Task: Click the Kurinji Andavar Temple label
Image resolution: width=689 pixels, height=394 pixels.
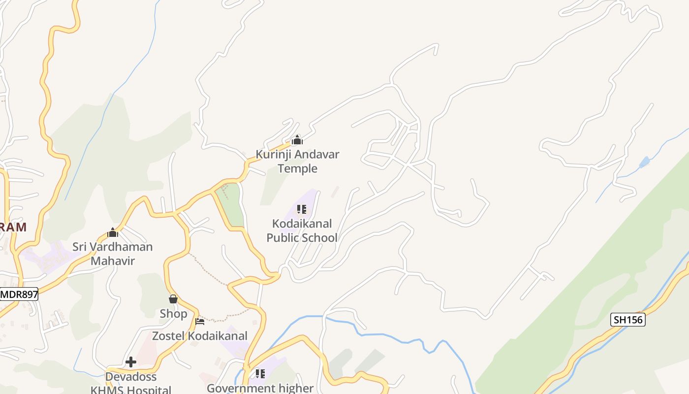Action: (x=297, y=161)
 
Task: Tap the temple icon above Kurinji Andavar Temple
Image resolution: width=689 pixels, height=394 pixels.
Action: (x=297, y=140)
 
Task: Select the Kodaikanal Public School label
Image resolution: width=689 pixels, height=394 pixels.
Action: (x=302, y=230)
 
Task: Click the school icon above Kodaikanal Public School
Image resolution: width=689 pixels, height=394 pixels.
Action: (x=302, y=209)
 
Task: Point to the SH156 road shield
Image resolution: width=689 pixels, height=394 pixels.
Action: (x=628, y=320)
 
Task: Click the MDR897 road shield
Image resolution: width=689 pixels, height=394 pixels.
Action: (x=19, y=295)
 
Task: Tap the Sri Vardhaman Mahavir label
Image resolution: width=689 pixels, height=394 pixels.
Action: (x=113, y=253)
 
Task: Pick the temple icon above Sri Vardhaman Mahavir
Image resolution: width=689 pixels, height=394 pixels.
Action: (x=113, y=232)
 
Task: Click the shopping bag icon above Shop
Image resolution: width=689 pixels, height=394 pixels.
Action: (x=173, y=299)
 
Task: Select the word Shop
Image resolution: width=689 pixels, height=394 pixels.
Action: (x=173, y=314)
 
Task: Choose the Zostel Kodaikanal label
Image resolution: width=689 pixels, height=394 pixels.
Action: (x=200, y=336)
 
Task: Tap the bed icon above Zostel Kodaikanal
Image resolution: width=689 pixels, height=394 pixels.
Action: (x=200, y=322)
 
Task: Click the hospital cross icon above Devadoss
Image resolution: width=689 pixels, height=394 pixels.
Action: (x=131, y=362)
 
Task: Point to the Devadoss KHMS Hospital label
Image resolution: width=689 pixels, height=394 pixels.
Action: (x=131, y=384)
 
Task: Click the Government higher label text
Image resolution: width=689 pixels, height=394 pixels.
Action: (x=260, y=388)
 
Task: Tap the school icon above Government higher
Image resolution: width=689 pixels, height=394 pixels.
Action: (x=260, y=374)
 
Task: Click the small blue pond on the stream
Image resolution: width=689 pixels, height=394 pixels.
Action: (x=644, y=162)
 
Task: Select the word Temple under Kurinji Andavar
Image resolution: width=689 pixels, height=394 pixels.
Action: (x=297, y=168)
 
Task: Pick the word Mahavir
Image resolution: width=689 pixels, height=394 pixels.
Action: (x=113, y=261)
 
